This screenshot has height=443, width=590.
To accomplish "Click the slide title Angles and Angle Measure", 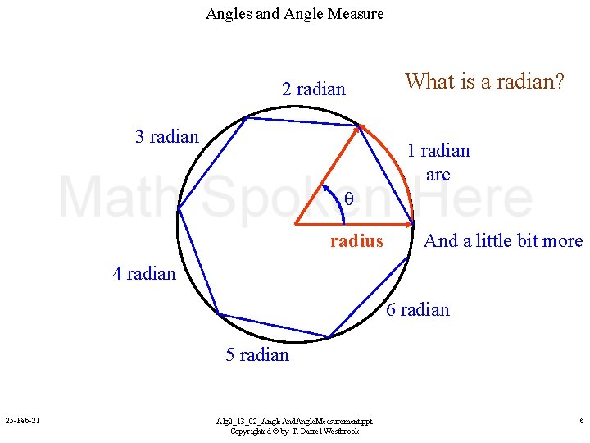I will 294,14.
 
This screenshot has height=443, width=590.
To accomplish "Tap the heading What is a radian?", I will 484,81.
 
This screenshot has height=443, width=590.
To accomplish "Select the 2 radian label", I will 314,89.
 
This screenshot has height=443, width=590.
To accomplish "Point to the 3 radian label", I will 167,136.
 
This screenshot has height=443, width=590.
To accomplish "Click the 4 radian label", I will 144,273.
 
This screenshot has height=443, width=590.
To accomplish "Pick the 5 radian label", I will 257,354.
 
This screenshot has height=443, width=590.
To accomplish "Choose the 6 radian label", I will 418,309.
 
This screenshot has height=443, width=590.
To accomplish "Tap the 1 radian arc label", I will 438,162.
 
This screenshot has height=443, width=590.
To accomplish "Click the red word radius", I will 356,241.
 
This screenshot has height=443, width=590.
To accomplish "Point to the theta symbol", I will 348,199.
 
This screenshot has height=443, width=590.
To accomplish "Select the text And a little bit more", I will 503,241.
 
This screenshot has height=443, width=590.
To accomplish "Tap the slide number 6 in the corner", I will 581,421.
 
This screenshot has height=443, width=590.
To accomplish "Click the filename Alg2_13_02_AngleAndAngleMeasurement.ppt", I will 294,420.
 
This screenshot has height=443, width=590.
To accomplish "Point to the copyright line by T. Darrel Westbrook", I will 294,431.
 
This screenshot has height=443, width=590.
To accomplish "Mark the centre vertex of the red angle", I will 295,223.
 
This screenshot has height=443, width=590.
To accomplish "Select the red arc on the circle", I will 397,164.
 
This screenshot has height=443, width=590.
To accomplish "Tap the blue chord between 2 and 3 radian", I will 303,121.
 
